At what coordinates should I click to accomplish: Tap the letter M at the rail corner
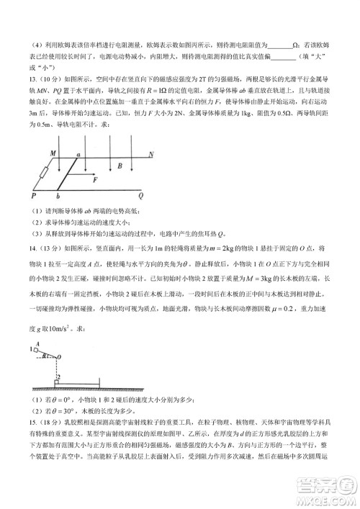click(x=53, y=154)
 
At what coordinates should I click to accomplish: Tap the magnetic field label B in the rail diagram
click(x=120, y=166)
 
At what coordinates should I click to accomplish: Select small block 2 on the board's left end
click(x=58, y=383)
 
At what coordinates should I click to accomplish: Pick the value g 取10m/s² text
click(x=53, y=328)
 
